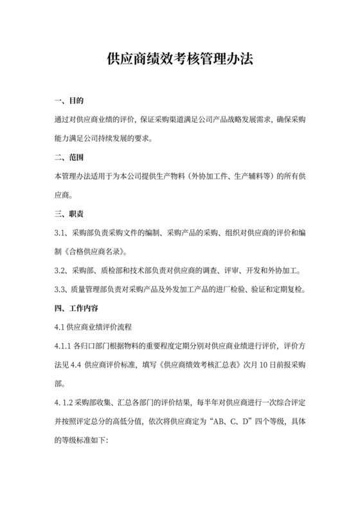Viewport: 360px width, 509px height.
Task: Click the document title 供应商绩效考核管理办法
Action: [x=180, y=60]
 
